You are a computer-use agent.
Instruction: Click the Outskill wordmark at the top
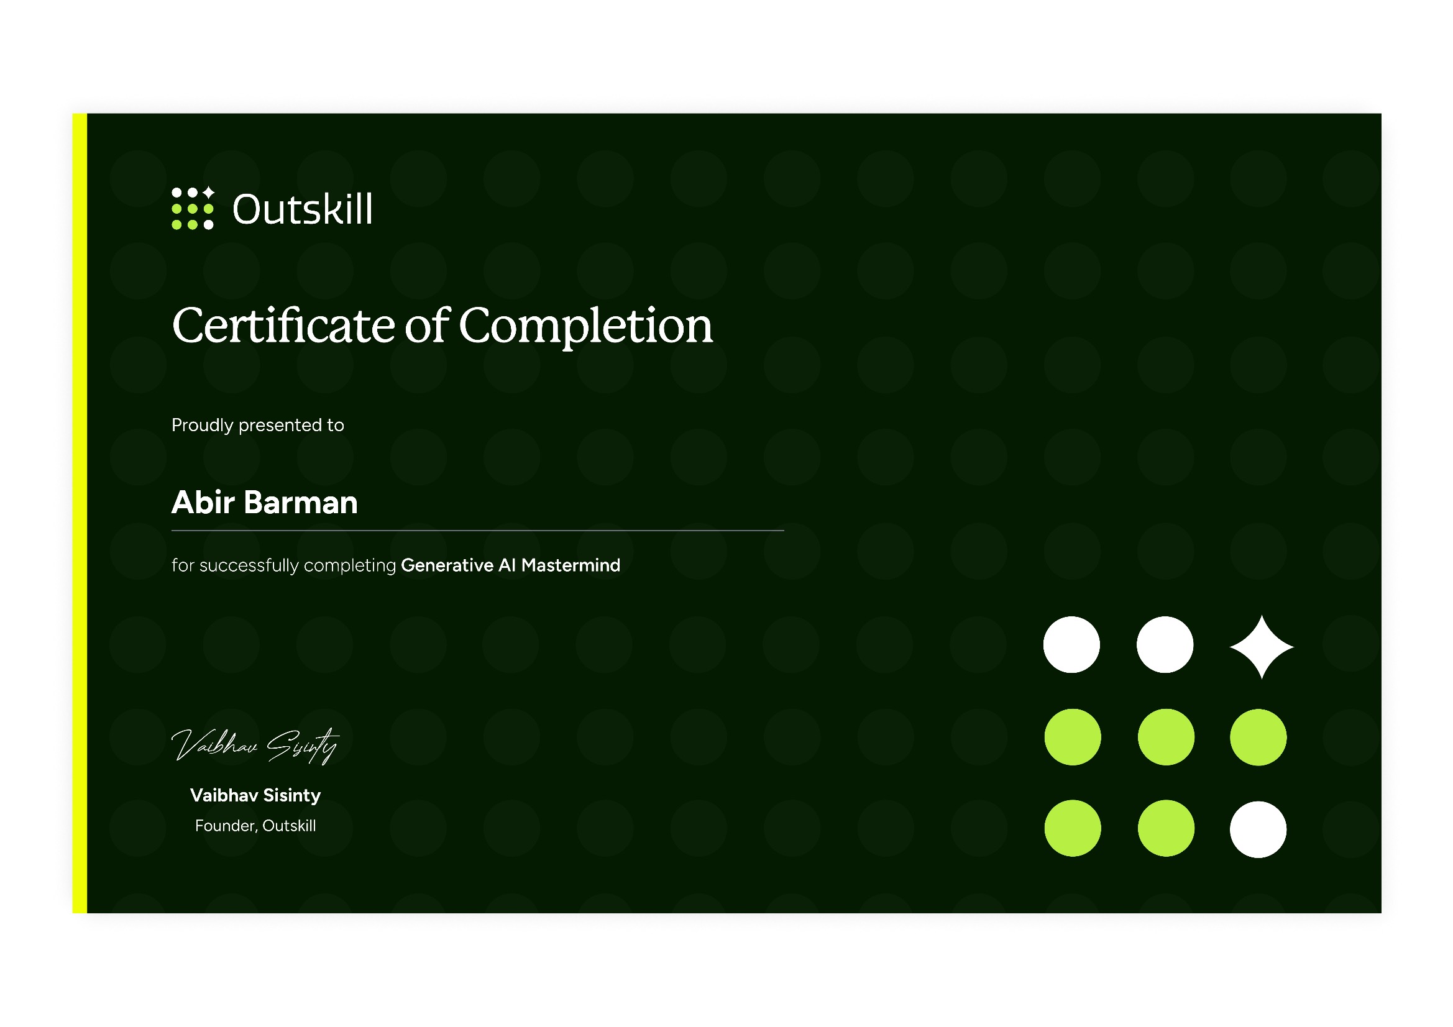(303, 209)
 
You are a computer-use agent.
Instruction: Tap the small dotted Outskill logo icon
(193, 208)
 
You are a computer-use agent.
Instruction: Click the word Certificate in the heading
(284, 326)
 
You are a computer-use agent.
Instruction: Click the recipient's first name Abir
(203, 503)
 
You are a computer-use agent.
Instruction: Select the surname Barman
(301, 503)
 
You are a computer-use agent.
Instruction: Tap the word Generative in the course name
(447, 565)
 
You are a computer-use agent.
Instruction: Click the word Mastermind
(571, 565)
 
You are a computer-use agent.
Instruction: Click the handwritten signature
(255, 746)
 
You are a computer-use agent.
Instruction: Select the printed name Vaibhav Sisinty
(255, 795)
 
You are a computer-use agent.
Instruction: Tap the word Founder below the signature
(226, 826)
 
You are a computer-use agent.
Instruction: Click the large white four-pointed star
(1261, 647)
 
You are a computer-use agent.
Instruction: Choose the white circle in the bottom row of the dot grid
(1258, 829)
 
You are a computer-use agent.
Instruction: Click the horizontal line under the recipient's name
(478, 530)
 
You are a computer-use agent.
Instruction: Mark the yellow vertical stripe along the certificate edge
(80, 513)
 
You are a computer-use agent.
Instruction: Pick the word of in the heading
(427, 326)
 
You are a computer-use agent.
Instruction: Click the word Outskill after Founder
(289, 826)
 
